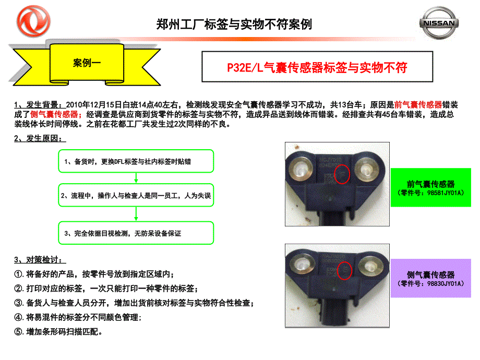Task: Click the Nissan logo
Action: (440, 23)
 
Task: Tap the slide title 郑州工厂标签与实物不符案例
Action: (234, 24)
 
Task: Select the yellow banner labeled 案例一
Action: (87, 64)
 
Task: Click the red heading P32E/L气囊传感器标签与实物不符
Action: (317, 67)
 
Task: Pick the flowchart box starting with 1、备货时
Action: (136, 162)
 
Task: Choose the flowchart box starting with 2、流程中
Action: (136, 196)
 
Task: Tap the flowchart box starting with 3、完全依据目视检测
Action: (136, 233)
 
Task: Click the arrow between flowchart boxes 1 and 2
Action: (136, 178)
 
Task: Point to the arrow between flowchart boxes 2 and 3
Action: (136, 214)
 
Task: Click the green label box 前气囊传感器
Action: (430, 188)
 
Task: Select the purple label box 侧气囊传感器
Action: (430, 279)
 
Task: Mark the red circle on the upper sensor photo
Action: (342, 175)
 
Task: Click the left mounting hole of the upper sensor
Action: (301, 171)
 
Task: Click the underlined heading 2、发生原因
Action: (40, 139)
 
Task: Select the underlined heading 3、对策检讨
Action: (40, 260)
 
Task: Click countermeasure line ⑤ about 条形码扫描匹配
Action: (58, 331)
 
